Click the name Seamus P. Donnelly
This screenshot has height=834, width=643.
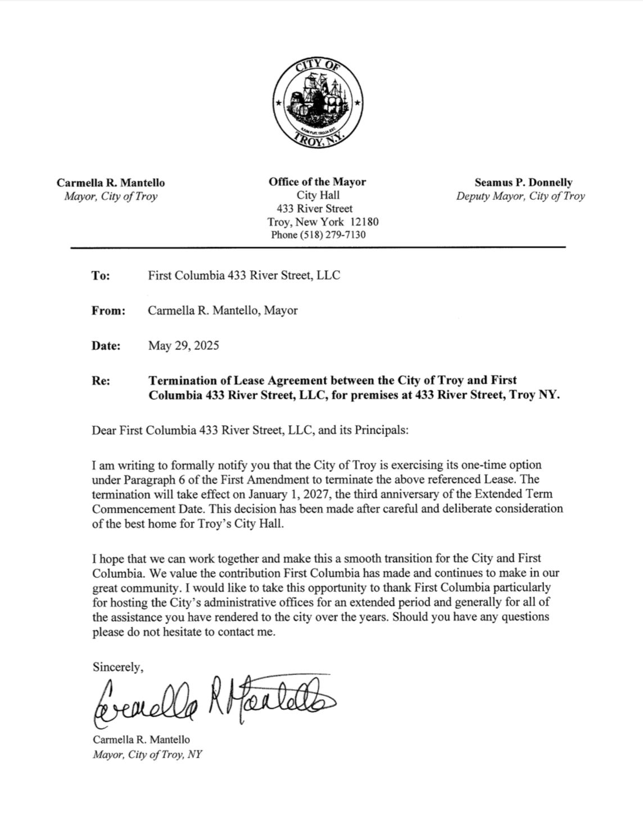pyautogui.click(x=523, y=183)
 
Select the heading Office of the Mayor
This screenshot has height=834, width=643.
pyautogui.click(x=317, y=182)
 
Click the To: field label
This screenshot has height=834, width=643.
pyautogui.click(x=101, y=276)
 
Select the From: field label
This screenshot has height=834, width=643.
pyautogui.click(x=108, y=311)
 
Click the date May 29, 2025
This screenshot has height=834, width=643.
pyautogui.click(x=183, y=345)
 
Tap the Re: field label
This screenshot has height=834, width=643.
pyautogui.click(x=101, y=381)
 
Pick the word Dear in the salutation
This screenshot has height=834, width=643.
pyautogui.click(x=104, y=431)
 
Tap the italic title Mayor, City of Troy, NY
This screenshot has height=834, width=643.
pyautogui.click(x=147, y=754)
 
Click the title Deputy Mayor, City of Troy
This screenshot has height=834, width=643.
pyautogui.click(x=520, y=197)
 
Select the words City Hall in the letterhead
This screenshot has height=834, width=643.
pyautogui.click(x=318, y=195)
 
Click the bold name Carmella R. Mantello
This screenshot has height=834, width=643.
pyautogui.click(x=111, y=183)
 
